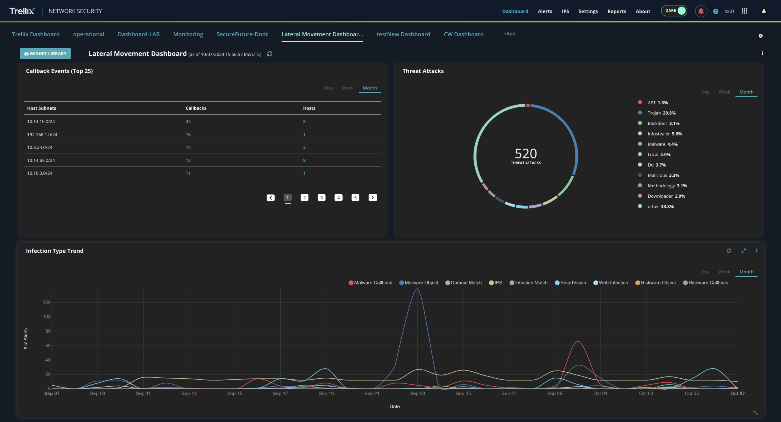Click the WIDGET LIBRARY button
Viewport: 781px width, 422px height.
click(45, 53)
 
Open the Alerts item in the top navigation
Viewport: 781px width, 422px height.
click(545, 11)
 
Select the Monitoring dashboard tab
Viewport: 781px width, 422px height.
click(188, 34)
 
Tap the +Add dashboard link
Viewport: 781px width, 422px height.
click(509, 34)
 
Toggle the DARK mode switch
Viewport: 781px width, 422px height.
click(674, 11)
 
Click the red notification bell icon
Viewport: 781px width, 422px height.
click(701, 11)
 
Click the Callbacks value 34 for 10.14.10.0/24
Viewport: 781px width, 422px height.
click(188, 121)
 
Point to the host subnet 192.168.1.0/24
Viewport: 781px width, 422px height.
click(42, 135)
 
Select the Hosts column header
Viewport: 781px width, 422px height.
click(309, 108)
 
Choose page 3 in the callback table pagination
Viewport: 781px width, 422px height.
click(322, 198)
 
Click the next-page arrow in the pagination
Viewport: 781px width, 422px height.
click(373, 198)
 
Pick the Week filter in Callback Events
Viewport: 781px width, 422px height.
click(348, 88)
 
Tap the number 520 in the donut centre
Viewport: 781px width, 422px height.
click(526, 153)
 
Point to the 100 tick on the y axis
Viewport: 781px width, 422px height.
click(47, 317)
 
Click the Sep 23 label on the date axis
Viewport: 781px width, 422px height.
click(417, 394)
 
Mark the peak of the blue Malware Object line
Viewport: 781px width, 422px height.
click(417, 289)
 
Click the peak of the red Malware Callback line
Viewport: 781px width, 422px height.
click(578, 341)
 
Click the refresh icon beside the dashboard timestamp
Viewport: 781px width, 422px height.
click(269, 54)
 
